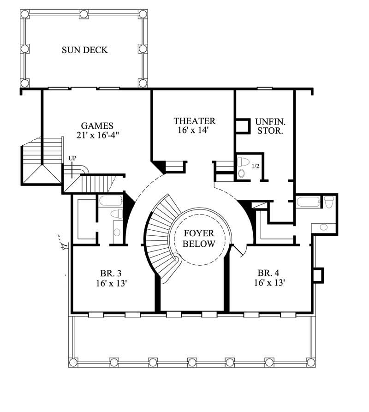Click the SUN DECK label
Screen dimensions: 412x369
coord(85,50)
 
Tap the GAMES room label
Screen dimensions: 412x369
coord(97,125)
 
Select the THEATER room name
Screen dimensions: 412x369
coord(194,121)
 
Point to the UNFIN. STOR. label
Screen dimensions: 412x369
coord(270,126)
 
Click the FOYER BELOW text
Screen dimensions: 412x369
coord(199,239)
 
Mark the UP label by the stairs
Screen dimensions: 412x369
coord(72,158)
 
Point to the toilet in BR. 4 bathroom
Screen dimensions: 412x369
coord(329,202)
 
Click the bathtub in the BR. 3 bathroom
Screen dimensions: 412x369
coord(110,200)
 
